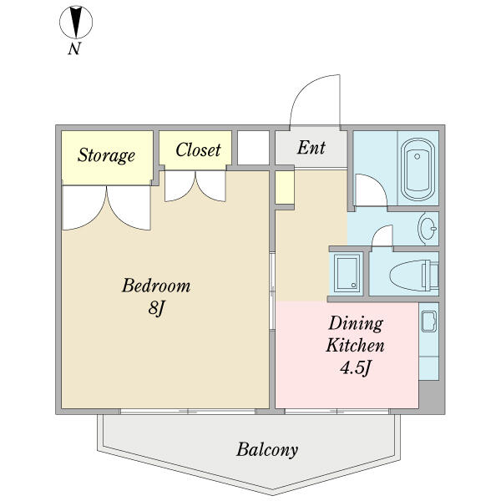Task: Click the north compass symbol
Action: tap(76, 22)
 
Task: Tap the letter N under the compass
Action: tap(74, 48)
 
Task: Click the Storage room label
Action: tap(106, 155)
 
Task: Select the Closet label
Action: tap(198, 149)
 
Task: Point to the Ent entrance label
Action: tap(311, 148)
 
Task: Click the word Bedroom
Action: tap(156, 286)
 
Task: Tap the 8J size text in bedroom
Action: tap(155, 309)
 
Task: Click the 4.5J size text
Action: tap(355, 367)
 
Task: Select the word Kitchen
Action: tap(355, 346)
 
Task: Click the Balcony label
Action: tap(267, 450)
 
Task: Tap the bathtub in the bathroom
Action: tap(417, 170)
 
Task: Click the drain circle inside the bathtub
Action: tap(417, 156)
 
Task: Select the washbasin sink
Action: tap(428, 228)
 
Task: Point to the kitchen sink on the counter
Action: tap(429, 321)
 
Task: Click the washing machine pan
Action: tap(347, 273)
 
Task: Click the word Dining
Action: tap(356, 324)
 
